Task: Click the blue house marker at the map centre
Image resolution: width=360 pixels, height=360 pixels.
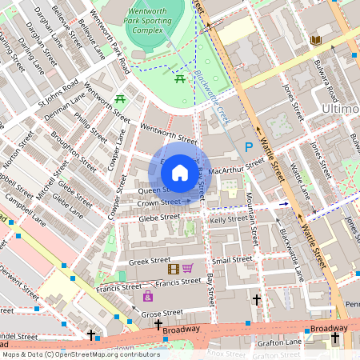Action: point(180,172)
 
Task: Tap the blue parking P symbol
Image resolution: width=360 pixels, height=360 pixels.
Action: point(249,146)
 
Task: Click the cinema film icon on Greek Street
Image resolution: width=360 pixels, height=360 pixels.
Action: point(173,269)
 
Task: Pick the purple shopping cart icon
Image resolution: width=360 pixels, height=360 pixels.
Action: point(188,269)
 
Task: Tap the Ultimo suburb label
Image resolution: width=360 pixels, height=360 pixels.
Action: point(339,108)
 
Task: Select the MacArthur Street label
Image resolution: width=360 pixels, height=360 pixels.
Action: point(236,167)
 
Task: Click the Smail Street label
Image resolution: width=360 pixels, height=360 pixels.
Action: point(232,260)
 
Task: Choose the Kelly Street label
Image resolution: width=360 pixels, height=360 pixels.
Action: point(230,218)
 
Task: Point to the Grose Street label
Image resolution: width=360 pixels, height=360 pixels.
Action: point(162,312)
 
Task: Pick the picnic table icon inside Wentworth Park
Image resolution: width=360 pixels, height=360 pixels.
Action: point(180,78)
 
